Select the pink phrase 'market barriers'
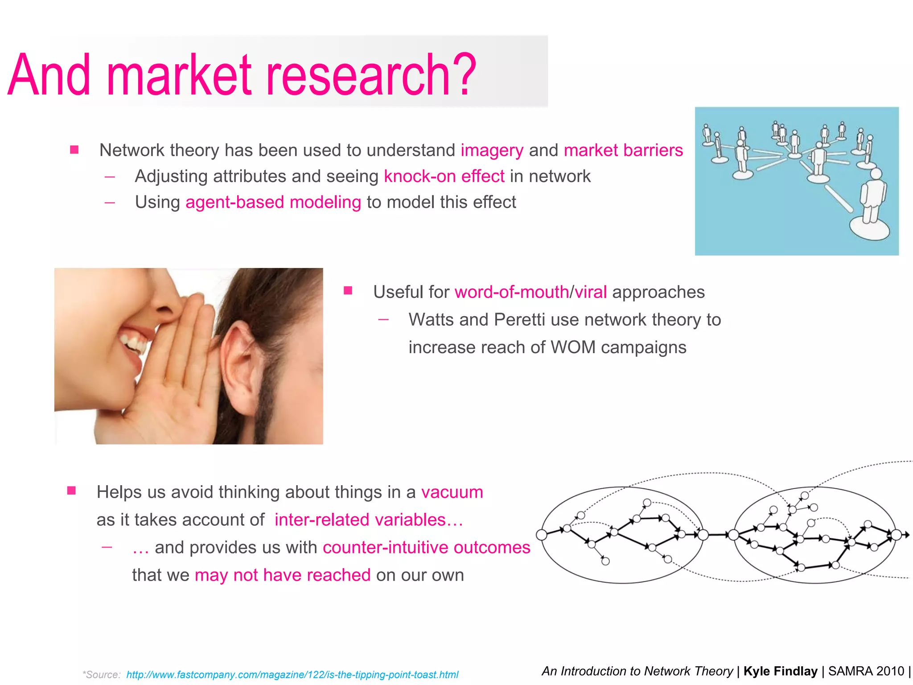pos(623,150)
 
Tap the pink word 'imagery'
pos(492,151)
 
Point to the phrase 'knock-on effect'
pos(444,176)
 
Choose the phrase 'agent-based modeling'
pos(273,202)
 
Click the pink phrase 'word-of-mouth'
pos(511,292)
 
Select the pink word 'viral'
pos(591,292)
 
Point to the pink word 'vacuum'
pos(452,492)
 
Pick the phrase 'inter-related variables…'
pos(369,520)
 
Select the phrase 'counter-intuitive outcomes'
pos(426,548)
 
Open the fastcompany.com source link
pos(292,675)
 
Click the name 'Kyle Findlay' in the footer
pos(780,671)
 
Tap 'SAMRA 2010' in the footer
pos(866,671)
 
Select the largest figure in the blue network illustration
pos(872,201)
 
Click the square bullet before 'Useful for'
pos(348,291)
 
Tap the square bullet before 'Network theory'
pos(74,150)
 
